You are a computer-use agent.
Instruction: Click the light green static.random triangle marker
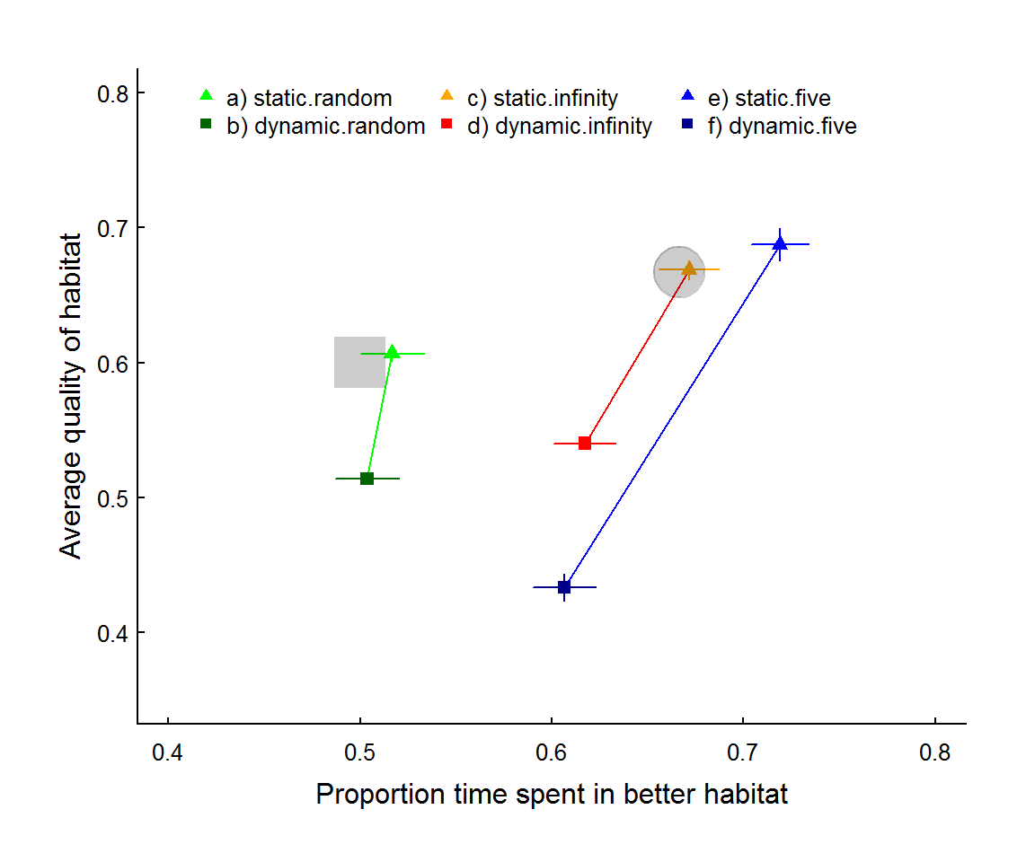[392, 352]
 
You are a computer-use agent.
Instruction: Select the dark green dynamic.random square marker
[367, 479]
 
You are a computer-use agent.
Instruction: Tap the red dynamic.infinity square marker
[585, 444]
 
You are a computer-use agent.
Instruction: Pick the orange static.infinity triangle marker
[689, 268]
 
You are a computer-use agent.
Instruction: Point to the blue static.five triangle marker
[780, 244]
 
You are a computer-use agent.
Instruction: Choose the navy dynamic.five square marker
[564, 587]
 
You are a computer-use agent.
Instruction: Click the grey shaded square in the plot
[359, 362]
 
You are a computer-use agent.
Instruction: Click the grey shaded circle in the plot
[679, 272]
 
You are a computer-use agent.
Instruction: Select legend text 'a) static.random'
[310, 98]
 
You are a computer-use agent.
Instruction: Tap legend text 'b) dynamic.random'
[326, 126]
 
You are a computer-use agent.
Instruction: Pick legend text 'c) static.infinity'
[543, 98]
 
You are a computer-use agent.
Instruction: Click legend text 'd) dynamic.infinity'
[560, 126]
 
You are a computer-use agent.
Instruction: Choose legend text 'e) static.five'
[770, 98]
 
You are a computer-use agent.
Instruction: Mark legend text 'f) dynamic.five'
[783, 126]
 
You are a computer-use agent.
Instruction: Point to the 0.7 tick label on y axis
[113, 229]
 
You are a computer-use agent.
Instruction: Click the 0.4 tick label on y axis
[113, 634]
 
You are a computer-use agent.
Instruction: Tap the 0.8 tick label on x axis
[935, 752]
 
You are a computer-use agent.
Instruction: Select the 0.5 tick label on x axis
[359, 752]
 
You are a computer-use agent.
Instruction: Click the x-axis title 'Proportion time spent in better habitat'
[552, 794]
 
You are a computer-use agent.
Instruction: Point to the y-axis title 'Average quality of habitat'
[71, 396]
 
